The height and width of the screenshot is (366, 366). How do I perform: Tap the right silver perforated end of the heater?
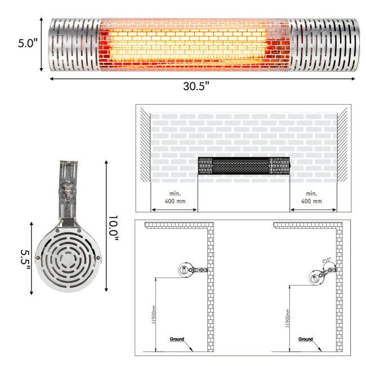tap(324, 45)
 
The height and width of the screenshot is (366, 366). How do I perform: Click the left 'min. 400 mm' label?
tap(174, 198)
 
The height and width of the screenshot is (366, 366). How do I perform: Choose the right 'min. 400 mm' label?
tap(313, 198)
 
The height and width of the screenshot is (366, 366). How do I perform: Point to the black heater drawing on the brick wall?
tap(244, 166)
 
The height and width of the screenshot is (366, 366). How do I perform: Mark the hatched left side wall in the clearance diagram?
tap(145, 145)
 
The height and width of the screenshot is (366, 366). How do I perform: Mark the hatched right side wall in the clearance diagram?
tap(342, 145)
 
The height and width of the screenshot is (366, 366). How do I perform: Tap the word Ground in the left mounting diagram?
tap(177, 339)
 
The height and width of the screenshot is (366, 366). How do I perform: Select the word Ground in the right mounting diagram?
tap(306, 339)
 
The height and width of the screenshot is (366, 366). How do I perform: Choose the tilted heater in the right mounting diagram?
tap(318, 275)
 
